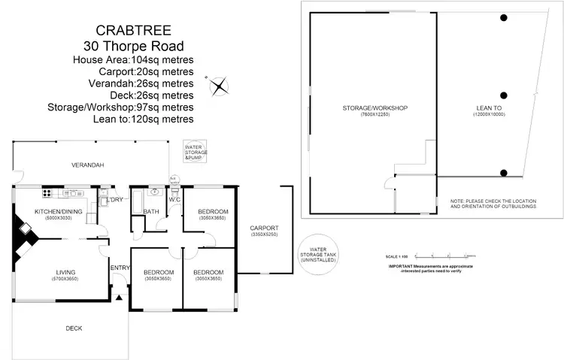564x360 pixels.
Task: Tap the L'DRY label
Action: (x=115, y=200)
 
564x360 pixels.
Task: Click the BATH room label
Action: (x=150, y=212)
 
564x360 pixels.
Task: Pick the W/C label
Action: (x=174, y=200)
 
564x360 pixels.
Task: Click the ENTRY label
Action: (x=119, y=268)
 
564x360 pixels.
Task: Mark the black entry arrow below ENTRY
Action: (x=119, y=299)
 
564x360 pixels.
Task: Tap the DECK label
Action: (x=73, y=328)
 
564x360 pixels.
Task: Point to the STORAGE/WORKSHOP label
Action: (x=374, y=108)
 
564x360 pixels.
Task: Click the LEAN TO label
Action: (x=489, y=108)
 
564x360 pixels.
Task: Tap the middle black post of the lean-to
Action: (x=504, y=95)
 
